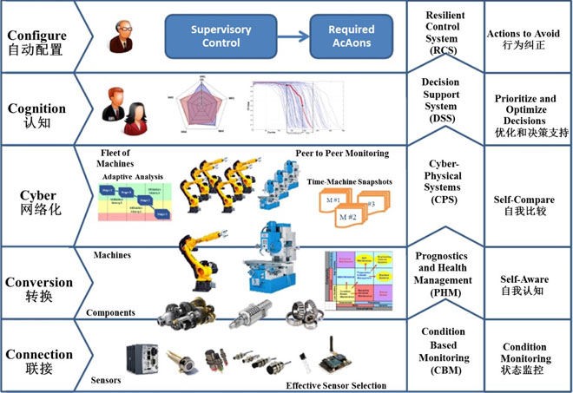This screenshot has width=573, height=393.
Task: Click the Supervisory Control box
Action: coord(221,36)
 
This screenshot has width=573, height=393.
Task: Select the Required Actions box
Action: coord(351,36)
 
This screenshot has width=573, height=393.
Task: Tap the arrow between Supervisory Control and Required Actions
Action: coord(296,36)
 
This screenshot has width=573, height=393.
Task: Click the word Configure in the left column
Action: coord(36,36)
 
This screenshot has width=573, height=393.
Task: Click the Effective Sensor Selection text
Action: coord(334,386)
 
